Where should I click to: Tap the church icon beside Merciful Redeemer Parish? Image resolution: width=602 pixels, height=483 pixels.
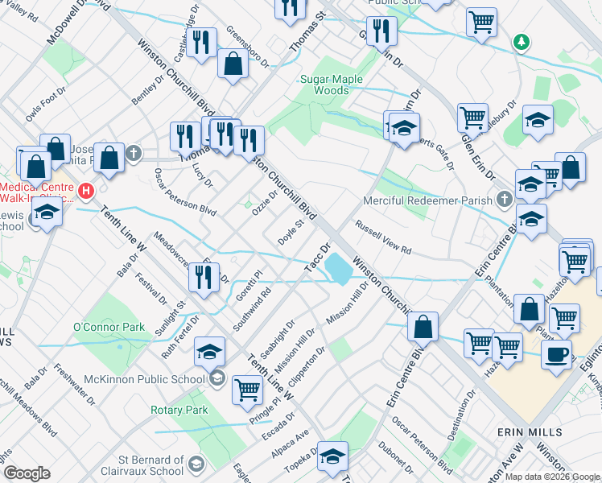pos(505,198)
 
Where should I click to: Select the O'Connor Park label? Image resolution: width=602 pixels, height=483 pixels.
pos(109,327)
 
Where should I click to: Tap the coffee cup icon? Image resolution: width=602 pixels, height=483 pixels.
pos(556,353)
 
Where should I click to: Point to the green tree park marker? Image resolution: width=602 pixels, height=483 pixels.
pos(522,40)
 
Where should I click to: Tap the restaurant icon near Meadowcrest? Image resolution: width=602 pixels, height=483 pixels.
pos(204,276)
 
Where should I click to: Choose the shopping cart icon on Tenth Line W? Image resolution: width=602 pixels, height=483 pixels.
pos(247,390)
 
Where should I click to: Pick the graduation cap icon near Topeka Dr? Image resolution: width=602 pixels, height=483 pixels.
pos(331,456)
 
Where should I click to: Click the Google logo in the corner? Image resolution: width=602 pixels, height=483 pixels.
pos(27,473)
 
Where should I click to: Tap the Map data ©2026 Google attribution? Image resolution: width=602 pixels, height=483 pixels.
pos(552,477)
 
